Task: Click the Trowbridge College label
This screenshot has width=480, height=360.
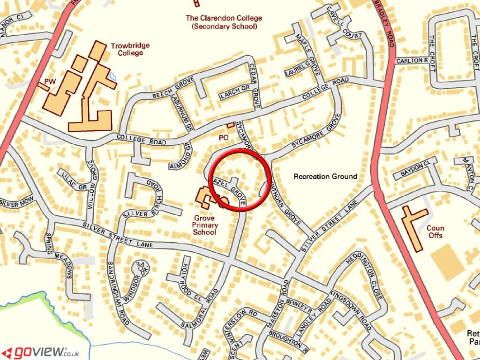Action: [130, 49]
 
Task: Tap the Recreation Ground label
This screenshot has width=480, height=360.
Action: [325, 177]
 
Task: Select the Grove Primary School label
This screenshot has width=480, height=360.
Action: [204, 225]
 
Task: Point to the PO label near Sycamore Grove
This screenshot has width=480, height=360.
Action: [224, 138]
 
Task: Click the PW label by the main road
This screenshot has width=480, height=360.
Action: [50, 82]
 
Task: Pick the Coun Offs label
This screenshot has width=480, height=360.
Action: [435, 232]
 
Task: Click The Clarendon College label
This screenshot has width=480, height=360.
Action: [224, 22]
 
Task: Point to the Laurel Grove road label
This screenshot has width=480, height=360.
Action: [298, 68]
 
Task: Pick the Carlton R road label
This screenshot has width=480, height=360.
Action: [412, 60]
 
